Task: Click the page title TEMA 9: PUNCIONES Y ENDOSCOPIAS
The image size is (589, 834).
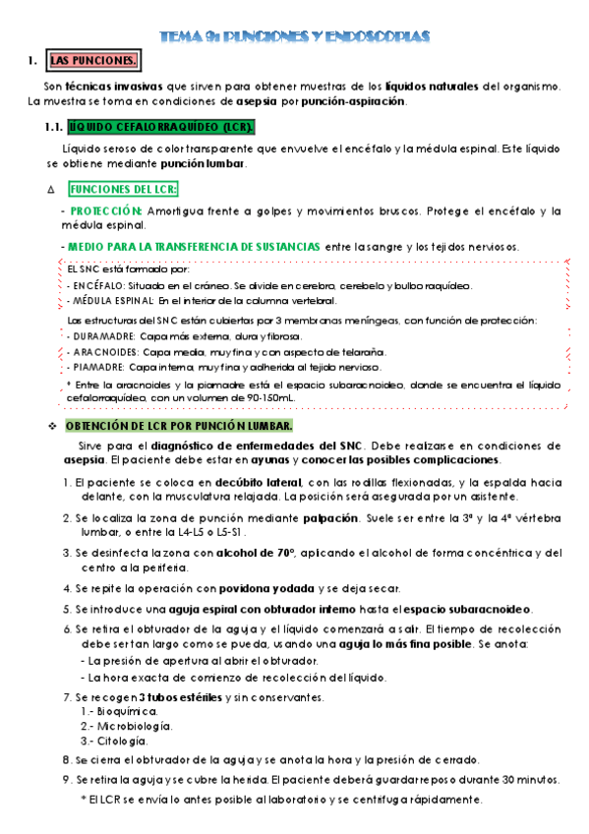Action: [296, 36]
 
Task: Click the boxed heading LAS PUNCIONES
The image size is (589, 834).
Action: [93, 62]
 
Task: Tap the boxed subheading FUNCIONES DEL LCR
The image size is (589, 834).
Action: [123, 190]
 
